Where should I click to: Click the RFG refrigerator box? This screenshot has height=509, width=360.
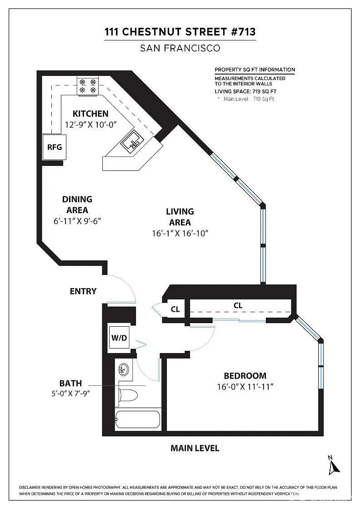(x=54, y=147)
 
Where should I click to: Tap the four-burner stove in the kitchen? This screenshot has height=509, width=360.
(x=88, y=86)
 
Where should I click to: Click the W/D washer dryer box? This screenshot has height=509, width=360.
(x=119, y=338)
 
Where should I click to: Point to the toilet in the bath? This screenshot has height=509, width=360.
(x=128, y=396)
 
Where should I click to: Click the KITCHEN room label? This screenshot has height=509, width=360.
(x=90, y=114)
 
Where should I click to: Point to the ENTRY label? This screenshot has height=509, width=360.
(x=83, y=291)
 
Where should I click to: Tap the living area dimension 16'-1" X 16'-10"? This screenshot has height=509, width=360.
(x=180, y=234)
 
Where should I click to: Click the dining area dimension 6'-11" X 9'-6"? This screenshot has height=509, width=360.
(x=77, y=221)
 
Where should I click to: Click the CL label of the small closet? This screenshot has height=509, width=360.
(x=175, y=309)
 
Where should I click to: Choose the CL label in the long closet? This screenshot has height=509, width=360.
(x=238, y=305)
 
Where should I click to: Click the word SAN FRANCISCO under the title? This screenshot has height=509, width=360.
(x=180, y=48)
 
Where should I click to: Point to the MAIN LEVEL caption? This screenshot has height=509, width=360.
(x=195, y=448)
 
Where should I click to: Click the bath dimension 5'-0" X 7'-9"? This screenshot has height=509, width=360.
(x=70, y=394)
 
